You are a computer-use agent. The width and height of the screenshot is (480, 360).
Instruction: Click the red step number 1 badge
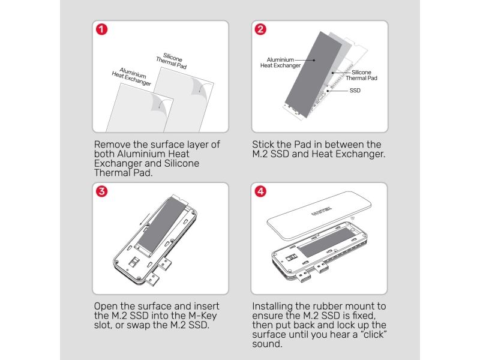[101, 29]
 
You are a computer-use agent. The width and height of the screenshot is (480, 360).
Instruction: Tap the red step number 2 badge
[260, 29]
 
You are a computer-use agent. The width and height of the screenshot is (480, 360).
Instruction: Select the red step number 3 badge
[101, 191]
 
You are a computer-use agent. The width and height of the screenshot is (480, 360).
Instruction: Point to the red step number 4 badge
[260, 191]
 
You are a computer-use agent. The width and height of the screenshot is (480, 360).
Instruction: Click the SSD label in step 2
[355, 91]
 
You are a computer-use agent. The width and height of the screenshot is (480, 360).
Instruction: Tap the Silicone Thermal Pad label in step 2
[362, 76]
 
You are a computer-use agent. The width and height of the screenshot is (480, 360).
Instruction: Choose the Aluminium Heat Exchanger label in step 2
[280, 62]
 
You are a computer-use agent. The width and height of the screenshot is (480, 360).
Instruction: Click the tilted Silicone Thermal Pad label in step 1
[172, 61]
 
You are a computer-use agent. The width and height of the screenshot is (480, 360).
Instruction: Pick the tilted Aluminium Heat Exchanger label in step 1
[131, 77]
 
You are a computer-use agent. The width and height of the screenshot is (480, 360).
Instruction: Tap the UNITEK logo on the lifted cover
[321, 211]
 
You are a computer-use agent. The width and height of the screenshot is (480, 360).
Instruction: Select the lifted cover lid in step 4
[319, 214]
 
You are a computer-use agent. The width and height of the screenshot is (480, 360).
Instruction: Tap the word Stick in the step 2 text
[263, 145]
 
